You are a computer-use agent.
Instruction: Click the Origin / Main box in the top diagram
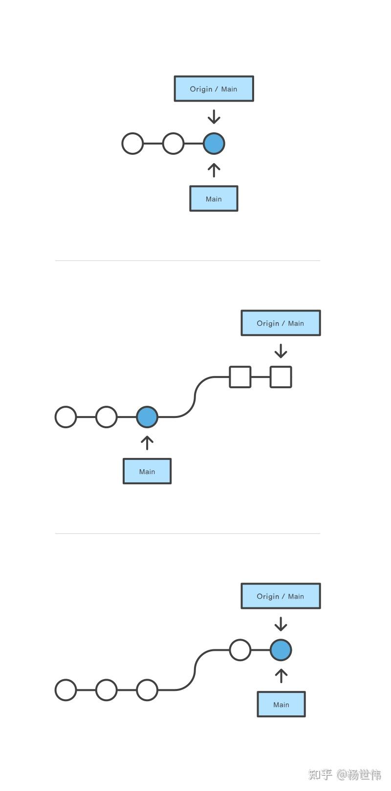214,89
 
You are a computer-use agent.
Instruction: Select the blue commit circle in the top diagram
214,144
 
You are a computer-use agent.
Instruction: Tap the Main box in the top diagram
214,199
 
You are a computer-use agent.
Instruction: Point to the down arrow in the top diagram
214,117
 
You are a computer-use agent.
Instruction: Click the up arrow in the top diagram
214,170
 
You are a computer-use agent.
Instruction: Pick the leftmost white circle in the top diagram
132,144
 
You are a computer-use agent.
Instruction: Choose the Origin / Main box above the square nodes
281,323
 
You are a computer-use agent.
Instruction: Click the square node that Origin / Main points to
281,377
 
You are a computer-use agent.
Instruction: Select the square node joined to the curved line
240,377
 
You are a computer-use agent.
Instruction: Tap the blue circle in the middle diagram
147,417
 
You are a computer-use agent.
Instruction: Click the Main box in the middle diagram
147,471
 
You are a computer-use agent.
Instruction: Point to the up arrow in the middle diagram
147,442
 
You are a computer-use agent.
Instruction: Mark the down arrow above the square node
281,351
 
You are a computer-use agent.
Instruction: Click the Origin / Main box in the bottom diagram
281,596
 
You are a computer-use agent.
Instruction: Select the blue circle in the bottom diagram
281,650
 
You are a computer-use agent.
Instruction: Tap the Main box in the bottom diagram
281,705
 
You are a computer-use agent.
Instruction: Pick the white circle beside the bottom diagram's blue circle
240,650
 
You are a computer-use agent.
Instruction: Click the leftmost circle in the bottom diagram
66,690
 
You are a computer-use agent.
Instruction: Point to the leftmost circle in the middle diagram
66,417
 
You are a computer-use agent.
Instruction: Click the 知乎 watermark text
321,774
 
